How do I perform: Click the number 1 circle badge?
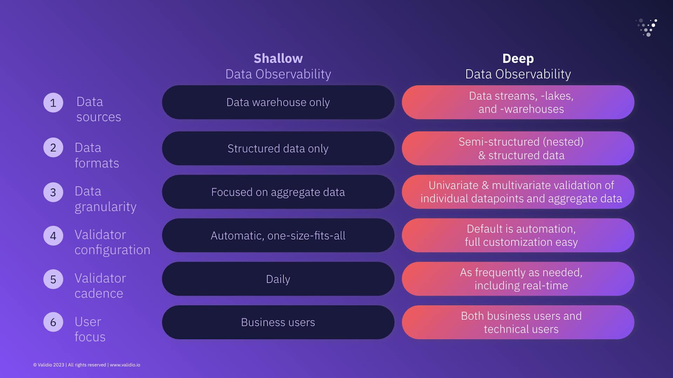click(53, 103)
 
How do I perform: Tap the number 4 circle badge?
click(53, 235)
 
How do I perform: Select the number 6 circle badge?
click(53, 322)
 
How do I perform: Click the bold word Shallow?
click(278, 59)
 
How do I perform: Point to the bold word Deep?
click(518, 59)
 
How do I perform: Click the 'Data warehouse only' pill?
click(278, 102)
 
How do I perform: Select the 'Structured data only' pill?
click(278, 149)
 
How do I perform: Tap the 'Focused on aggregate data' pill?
click(278, 192)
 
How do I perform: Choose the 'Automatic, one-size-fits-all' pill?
click(278, 235)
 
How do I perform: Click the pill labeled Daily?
click(278, 279)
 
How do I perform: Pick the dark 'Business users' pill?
click(278, 322)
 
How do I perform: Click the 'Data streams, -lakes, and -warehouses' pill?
click(518, 102)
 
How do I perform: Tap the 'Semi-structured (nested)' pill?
click(518, 149)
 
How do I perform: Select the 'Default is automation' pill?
click(518, 235)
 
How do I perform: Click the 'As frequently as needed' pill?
click(518, 279)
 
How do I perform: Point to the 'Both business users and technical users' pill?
click(518, 322)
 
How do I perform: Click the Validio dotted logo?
click(647, 27)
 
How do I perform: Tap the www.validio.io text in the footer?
click(125, 365)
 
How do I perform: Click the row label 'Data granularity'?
click(105, 199)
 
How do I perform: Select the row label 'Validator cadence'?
click(100, 286)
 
